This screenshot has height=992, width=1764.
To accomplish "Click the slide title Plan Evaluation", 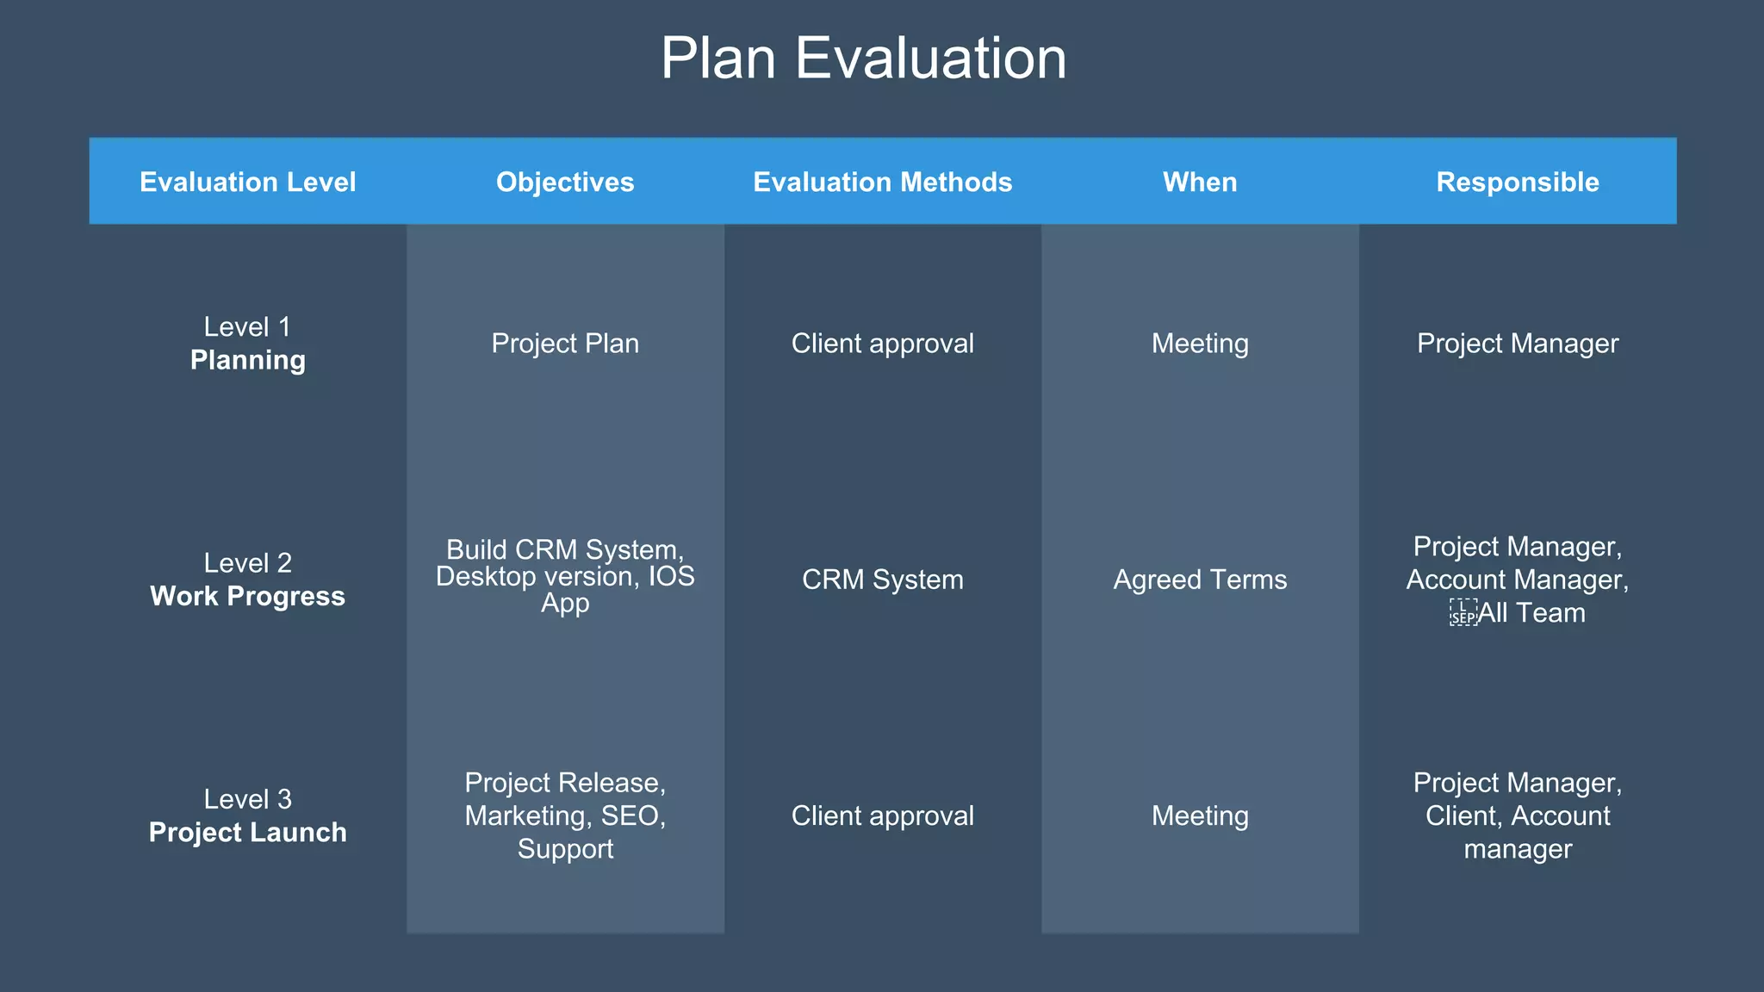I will (863, 59).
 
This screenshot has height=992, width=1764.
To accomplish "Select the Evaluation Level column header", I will (247, 182).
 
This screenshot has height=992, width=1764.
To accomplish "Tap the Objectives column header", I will (565, 182).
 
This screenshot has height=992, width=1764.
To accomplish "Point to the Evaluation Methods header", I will (882, 182).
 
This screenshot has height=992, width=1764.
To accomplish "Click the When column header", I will (1200, 182).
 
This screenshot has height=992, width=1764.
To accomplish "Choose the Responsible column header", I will (1518, 182).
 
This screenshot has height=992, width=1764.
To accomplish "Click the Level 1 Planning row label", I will (247, 344).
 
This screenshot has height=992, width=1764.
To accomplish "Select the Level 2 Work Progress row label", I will (247, 580).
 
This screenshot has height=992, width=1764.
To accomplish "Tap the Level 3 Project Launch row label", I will (247, 815).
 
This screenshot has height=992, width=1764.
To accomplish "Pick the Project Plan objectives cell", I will (565, 344).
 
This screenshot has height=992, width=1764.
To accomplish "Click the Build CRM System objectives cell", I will (565, 576).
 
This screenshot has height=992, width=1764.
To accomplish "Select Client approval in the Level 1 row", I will (882, 344).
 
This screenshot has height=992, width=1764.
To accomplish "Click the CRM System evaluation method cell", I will (882, 580).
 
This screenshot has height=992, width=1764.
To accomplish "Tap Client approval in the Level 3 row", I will (882, 815).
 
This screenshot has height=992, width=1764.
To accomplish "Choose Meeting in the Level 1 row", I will (1200, 344).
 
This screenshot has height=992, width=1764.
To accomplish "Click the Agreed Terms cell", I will (1200, 580).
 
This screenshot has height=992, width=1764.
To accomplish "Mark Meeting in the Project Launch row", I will (1200, 815).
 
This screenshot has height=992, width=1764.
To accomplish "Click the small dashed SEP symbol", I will (1463, 613).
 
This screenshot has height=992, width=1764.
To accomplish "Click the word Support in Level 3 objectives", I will (565, 849).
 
